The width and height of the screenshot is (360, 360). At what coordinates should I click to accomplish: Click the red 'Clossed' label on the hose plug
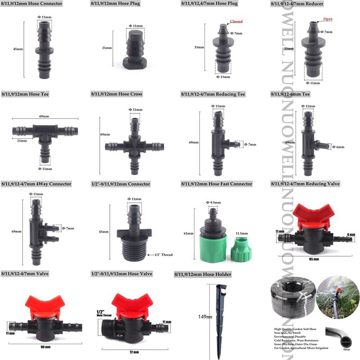click(x=236, y=21)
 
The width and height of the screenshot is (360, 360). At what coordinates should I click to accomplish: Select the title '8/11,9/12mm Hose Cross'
click(x=117, y=94)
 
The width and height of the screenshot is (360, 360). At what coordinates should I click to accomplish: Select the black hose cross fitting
click(x=134, y=146)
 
